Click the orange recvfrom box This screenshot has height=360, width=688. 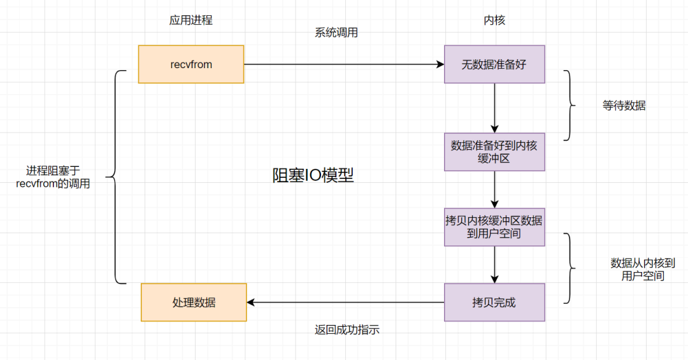(191, 64)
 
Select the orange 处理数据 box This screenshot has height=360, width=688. (194, 303)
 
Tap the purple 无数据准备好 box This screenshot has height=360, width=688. (494, 64)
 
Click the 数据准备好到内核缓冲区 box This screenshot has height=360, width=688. (494, 152)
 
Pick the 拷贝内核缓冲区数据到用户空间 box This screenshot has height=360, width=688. (494, 227)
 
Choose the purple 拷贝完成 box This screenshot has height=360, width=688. (494, 303)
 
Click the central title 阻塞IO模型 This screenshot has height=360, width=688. (313, 176)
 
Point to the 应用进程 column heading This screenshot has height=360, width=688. (190, 20)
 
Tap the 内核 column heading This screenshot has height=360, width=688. (494, 20)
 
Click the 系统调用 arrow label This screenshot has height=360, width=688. (336, 33)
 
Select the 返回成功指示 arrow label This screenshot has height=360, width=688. (347, 330)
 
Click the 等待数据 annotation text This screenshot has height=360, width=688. (624, 106)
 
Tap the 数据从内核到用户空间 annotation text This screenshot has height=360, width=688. (642, 270)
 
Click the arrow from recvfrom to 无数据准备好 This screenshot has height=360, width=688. (344, 64)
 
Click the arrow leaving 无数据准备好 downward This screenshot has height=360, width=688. (494, 108)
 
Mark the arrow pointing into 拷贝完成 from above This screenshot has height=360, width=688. (494, 264)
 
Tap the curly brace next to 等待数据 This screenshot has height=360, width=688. (568, 105)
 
